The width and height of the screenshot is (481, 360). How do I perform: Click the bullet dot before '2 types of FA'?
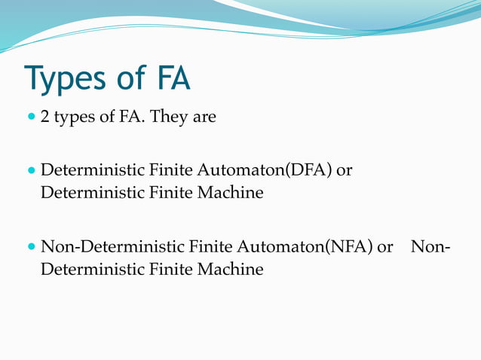tap(31, 118)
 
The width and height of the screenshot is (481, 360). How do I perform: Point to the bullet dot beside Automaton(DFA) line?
tap(31, 171)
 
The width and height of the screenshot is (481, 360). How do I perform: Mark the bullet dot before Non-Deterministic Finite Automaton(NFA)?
tap(31, 246)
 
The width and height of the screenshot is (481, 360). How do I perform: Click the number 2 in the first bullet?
tap(45, 118)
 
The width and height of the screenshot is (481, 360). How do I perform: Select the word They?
tap(170, 117)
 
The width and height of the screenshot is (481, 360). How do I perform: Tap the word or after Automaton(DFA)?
tap(345, 172)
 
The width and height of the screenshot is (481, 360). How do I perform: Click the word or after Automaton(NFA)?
tap(385, 247)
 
